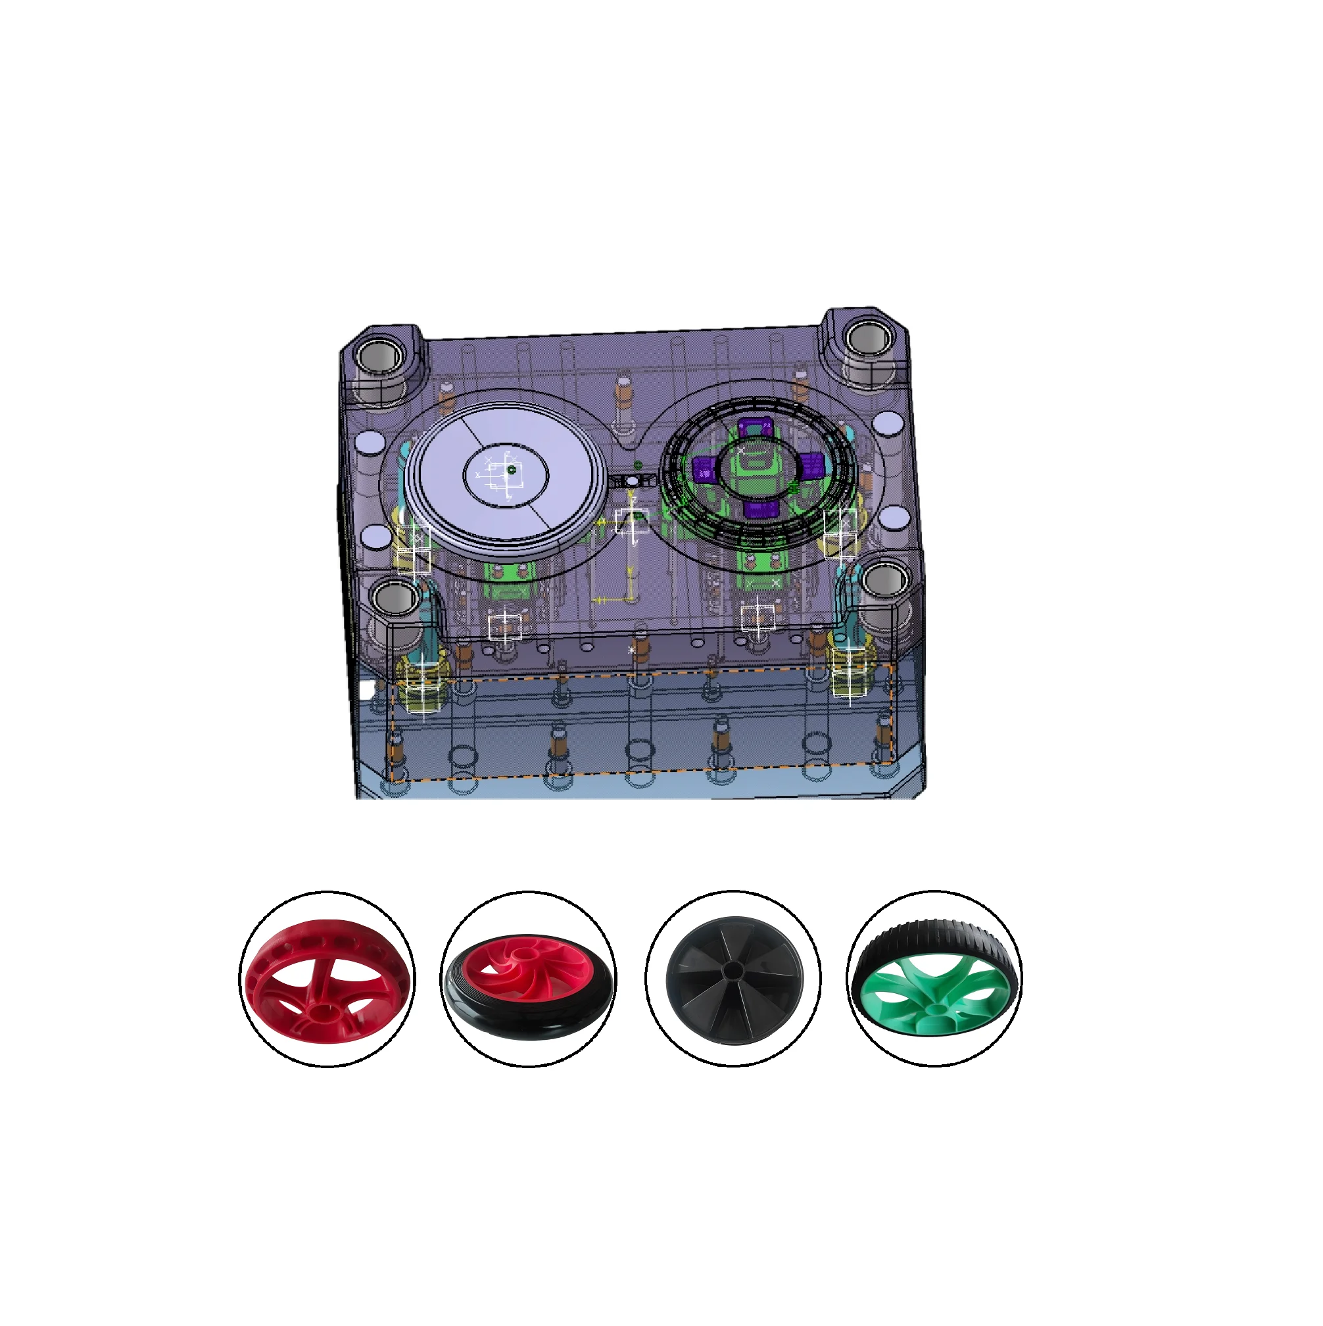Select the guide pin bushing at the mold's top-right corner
point(868,338)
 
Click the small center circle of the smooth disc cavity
point(511,471)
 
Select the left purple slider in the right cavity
point(704,470)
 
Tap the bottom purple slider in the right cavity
point(760,509)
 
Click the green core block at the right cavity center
point(756,468)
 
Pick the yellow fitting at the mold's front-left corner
point(423,679)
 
